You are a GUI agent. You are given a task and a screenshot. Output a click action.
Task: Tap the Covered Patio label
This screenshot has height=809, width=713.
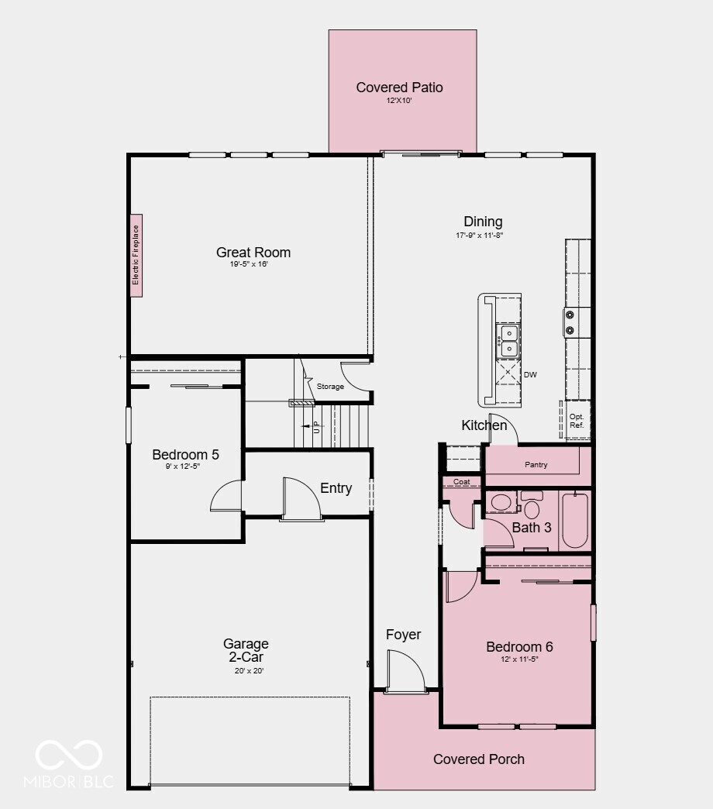[399, 88]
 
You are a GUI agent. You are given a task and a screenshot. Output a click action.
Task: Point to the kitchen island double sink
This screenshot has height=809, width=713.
[508, 341]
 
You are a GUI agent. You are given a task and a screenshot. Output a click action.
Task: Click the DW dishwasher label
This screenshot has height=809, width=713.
[530, 375]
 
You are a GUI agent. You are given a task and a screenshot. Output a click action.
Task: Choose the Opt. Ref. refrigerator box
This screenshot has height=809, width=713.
[576, 421]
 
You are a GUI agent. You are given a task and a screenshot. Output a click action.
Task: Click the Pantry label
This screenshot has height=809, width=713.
[536, 465]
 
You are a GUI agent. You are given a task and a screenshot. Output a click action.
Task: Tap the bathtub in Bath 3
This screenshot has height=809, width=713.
[574, 519]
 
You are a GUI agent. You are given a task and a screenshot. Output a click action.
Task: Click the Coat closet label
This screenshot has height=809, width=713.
[461, 482]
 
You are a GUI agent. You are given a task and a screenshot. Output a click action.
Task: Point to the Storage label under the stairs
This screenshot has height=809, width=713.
[330, 387]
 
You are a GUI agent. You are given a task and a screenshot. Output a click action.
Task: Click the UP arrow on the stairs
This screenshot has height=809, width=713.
[315, 426]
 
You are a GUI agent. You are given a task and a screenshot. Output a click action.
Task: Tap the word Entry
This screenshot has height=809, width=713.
[336, 488]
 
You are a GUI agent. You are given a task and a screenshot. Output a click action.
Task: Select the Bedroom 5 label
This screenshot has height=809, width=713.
[185, 455]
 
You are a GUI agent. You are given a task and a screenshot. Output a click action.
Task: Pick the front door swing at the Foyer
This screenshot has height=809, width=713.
[406, 670]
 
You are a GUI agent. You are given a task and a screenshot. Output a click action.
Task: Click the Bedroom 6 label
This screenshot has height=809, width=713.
[519, 647]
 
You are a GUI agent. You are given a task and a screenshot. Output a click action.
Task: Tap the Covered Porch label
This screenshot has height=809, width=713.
[478, 759]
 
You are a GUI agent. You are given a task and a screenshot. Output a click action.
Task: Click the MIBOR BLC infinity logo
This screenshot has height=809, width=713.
[69, 755]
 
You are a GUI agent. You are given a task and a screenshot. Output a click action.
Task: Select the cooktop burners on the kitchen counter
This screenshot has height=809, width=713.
[570, 323]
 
